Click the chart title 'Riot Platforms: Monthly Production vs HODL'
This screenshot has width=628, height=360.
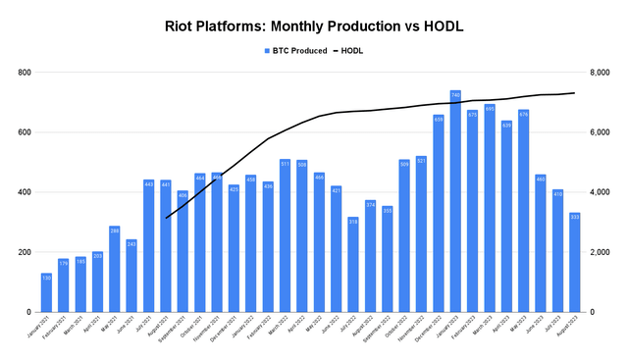tap(313, 26)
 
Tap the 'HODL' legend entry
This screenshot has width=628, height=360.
tap(355, 50)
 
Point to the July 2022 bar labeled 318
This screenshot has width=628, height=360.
tap(353, 264)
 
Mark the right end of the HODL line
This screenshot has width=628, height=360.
tap(575, 93)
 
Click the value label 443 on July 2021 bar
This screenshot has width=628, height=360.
tap(149, 184)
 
